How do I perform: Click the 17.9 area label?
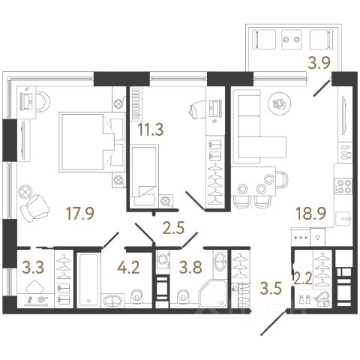[x=80, y=214]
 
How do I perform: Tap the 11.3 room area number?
[x=151, y=130]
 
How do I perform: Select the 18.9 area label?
[x=311, y=214]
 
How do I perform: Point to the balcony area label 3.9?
[x=319, y=63]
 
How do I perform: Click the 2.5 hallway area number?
[x=173, y=228]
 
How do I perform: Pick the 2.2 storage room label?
[x=303, y=278]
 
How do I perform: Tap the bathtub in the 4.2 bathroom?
[x=87, y=280]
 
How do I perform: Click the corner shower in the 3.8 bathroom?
[x=213, y=293]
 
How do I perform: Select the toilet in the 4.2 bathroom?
[x=136, y=297]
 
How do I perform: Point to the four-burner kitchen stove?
[x=343, y=186]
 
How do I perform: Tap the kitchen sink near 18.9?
[x=343, y=219]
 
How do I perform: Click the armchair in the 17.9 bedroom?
[x=35, y=208]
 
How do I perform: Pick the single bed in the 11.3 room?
[x=145, y=175]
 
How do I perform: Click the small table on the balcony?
[x=292, y=40]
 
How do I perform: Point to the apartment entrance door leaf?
[x=274, y=322]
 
